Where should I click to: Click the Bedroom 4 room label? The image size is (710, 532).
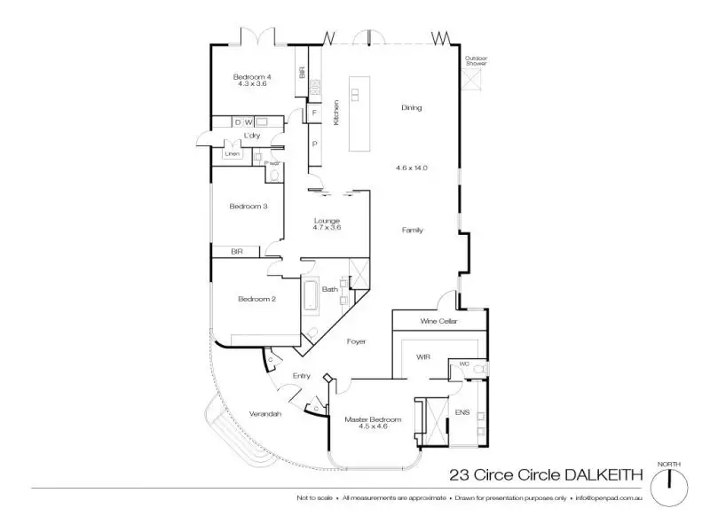click(252, 78)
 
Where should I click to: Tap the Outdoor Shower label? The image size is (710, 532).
click(477, 62)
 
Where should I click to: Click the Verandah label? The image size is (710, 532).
click(265, 412)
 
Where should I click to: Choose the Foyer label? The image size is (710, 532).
click(355, 341)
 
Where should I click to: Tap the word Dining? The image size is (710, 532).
click(411, 108)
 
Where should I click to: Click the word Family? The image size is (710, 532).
click(412, 230)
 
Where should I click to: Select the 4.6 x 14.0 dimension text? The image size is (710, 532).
click(411, 167)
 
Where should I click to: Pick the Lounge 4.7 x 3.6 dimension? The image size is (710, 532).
click(327, 228)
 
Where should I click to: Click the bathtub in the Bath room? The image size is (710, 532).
click(311, 294)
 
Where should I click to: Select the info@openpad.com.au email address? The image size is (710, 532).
click(609, 498)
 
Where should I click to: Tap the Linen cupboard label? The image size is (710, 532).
click(232, 153)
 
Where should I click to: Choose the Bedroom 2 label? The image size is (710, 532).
click(256, 299)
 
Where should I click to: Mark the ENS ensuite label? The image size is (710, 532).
click(461, 413)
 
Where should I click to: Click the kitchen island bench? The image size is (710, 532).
click(359, 113)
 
